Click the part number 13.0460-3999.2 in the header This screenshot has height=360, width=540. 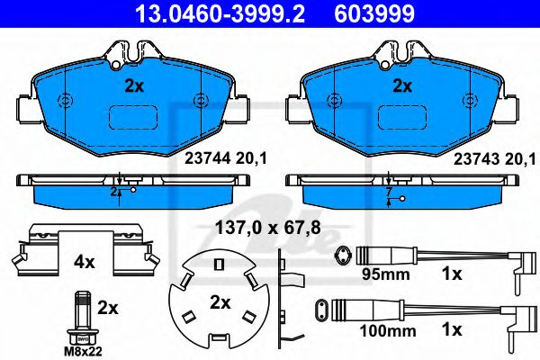coord(220,13)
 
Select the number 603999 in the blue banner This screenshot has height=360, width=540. coord(374,13)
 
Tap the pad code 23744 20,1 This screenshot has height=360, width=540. coord(226,158)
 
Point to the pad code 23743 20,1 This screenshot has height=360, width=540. coord(495,158)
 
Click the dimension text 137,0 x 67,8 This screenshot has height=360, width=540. coord(268,228)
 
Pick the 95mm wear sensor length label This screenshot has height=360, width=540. coord(386,274)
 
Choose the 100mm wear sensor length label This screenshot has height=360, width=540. coord(388,331)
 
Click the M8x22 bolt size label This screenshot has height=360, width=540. coord(83,352)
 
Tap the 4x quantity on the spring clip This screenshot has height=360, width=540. coord(84,263)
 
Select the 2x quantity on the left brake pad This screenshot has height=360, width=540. coord(134,86)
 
